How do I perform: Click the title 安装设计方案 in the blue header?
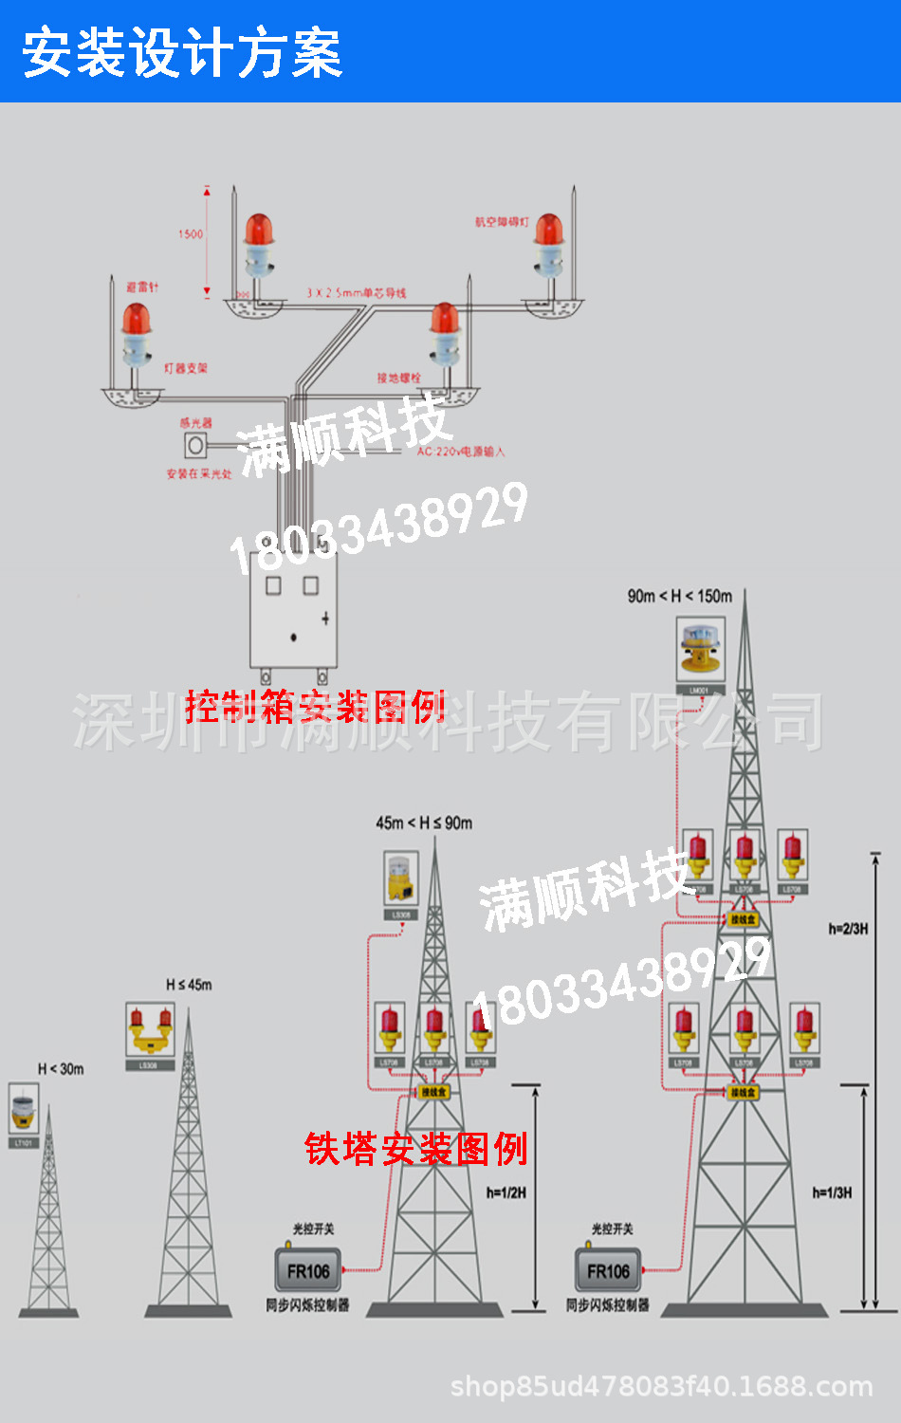182,53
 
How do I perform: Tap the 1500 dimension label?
191,233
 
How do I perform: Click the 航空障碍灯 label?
502,222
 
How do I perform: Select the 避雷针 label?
143,286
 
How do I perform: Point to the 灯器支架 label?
186,368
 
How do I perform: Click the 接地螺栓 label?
398,378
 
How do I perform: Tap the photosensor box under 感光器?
195,445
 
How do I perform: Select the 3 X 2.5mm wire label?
356,293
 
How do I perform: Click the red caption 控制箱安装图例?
315,707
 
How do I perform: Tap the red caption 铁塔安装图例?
415,1148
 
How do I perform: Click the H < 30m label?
61,1069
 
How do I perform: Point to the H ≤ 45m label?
189,985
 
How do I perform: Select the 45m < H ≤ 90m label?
423,822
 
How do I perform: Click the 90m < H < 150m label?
679,596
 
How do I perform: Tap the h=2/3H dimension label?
848,929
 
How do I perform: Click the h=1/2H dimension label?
506,1192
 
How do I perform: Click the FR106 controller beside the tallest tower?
608,1271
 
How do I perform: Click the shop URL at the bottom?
661,1386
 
